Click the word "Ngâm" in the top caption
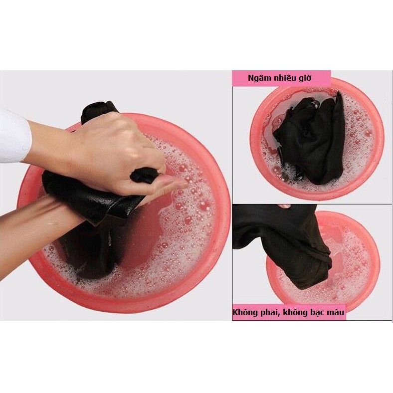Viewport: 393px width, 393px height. coord(256,78)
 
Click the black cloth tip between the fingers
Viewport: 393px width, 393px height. coord(143,175)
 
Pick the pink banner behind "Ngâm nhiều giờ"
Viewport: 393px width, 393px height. coord(281,78)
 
